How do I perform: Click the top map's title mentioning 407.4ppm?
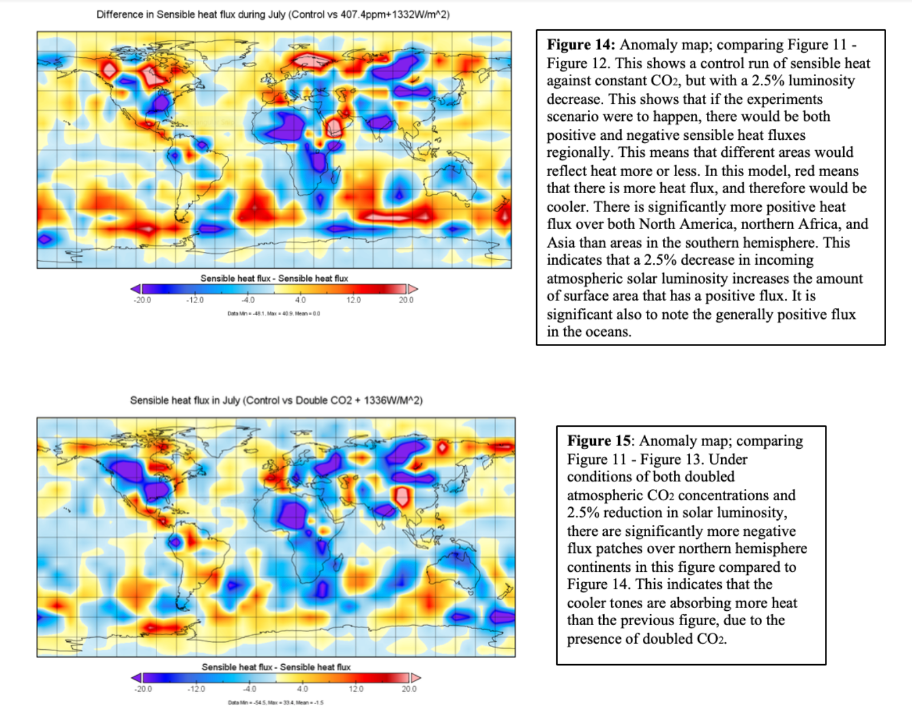pos(273,14)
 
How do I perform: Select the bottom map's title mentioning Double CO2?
pos(276,400)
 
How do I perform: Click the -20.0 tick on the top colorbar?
pos(142,300)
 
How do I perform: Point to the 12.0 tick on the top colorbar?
pos(353,300)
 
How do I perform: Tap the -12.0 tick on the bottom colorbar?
pos(196,688)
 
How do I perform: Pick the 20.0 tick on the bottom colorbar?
pos(409,688)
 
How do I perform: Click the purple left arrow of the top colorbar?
pos(136,289)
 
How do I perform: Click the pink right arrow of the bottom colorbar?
pos(415,678)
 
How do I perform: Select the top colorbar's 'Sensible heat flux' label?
pos(274,278)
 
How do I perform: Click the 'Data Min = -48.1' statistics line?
pos(274,313)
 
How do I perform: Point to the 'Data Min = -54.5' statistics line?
pos(276,702)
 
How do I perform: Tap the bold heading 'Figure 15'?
pos(598,441)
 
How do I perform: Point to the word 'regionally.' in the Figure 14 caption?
pos(579,152)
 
